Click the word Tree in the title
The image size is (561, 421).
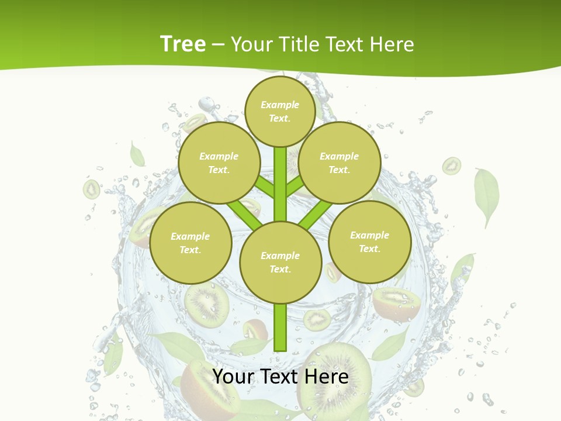[x=183, y=44]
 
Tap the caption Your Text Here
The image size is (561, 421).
[x=280, y=377]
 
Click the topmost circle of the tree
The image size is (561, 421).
[x=280, y=111]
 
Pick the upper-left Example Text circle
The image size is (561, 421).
[x=219, y=163]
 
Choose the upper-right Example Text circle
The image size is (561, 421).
[x=339, y=163]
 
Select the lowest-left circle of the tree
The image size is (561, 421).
[x=190, y=243]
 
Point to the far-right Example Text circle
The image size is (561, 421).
[x=369, y=241]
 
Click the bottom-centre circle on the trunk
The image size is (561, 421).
[x=280, y=262]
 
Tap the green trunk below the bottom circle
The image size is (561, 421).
[x=280, y=327]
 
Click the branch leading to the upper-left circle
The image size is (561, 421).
[x=264, y=188]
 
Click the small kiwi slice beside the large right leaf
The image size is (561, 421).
[x=451, y=166]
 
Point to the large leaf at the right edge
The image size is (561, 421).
[x=486, y=196]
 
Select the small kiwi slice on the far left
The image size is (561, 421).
[x=91, y=189]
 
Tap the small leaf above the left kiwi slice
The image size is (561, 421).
[x=137, y=155]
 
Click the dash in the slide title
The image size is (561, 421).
[x=218, y=44]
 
